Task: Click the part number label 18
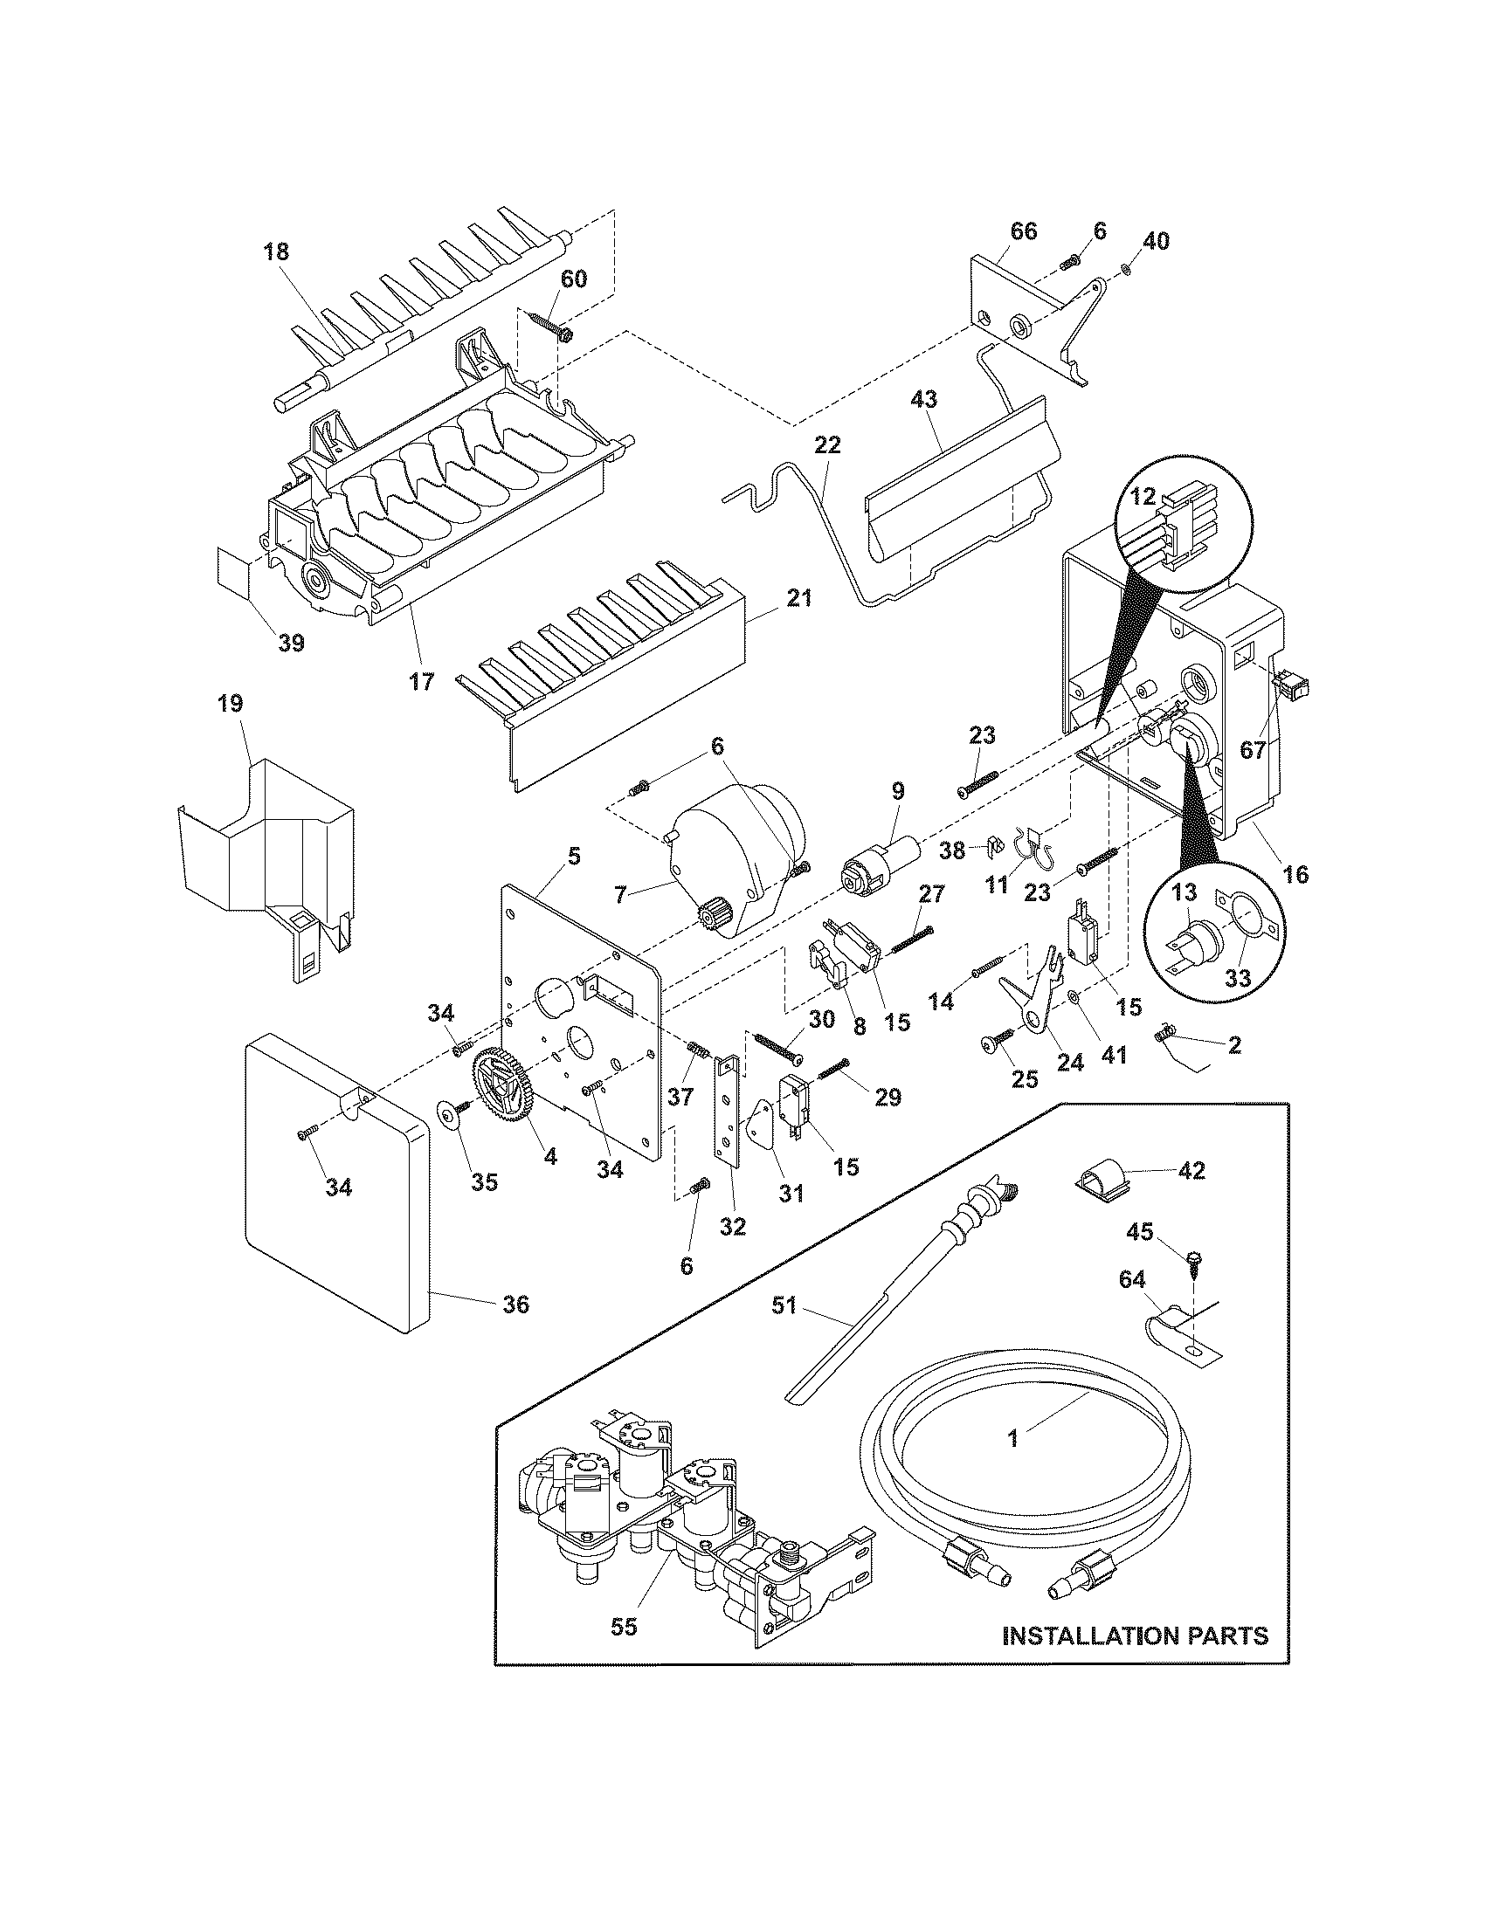coord(275,252)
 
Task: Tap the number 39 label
coord(291,643)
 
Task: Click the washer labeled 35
coord(451,1116)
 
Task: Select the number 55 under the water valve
coord(624,1627)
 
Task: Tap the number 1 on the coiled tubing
coord(1013,1439)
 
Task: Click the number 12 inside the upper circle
coord(1142,497)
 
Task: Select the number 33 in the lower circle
coord(1237,978)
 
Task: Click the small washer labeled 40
coord(1128,267)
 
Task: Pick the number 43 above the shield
coord(923,399)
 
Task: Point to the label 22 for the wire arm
coord(827,445)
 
